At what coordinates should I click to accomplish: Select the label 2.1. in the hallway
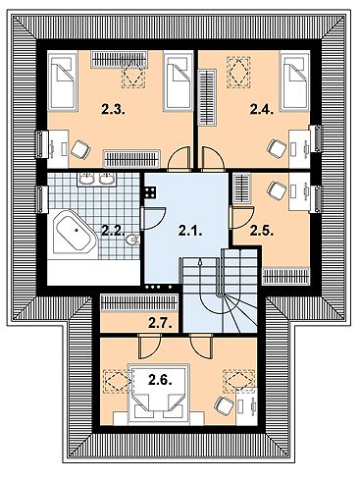188,232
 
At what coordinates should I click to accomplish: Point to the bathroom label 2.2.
111,232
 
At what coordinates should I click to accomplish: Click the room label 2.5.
261,232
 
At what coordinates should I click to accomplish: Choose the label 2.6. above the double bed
159,379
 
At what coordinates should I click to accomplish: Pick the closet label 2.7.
159,323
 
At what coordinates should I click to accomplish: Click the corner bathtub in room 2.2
72,232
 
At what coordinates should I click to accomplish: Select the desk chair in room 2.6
224,406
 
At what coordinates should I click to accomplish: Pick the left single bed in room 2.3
66,81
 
